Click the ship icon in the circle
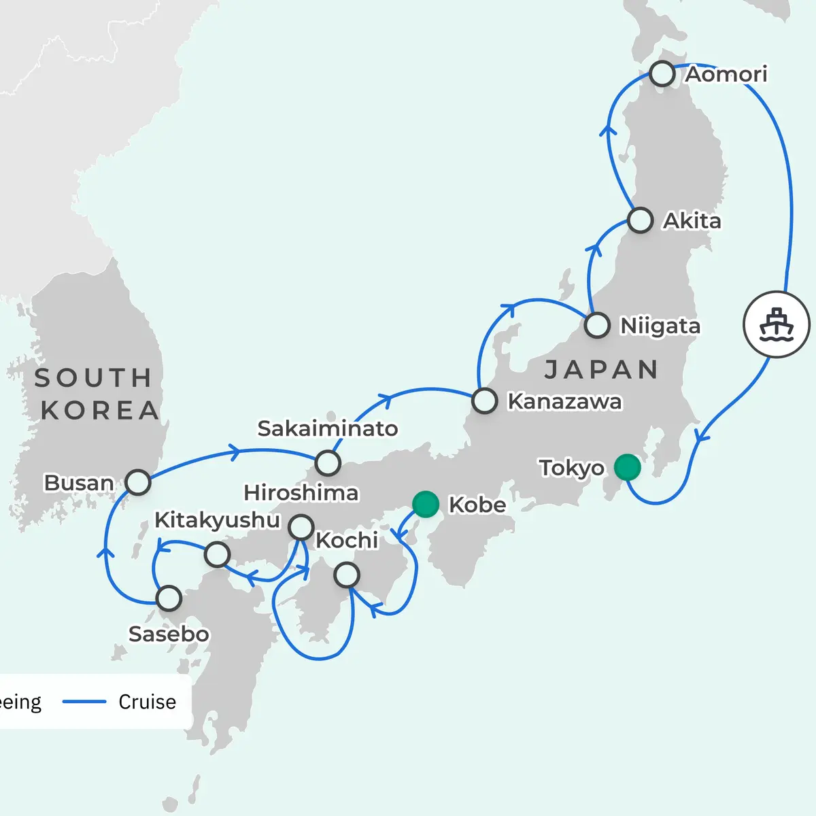coord(777,325)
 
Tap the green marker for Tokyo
coord(627,467)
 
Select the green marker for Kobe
coord(426,504)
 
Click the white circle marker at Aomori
coord(662,73)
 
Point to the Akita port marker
coord(640,220)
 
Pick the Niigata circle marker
coord(597,325)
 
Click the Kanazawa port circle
coord(484,401)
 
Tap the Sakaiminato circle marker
coord(328,463)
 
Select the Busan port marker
coord(138,482)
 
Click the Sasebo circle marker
coord(169,598)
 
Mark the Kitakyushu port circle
coord(217,554)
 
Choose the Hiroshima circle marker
coord(301,527)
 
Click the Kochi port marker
coord(347,575)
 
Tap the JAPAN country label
coord(602,370)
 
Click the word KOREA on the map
coord(100,411)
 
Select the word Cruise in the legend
coord(147,702)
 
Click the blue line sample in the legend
coord(84,702)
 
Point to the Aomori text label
coord(726,73)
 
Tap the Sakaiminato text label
coord(327,428)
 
